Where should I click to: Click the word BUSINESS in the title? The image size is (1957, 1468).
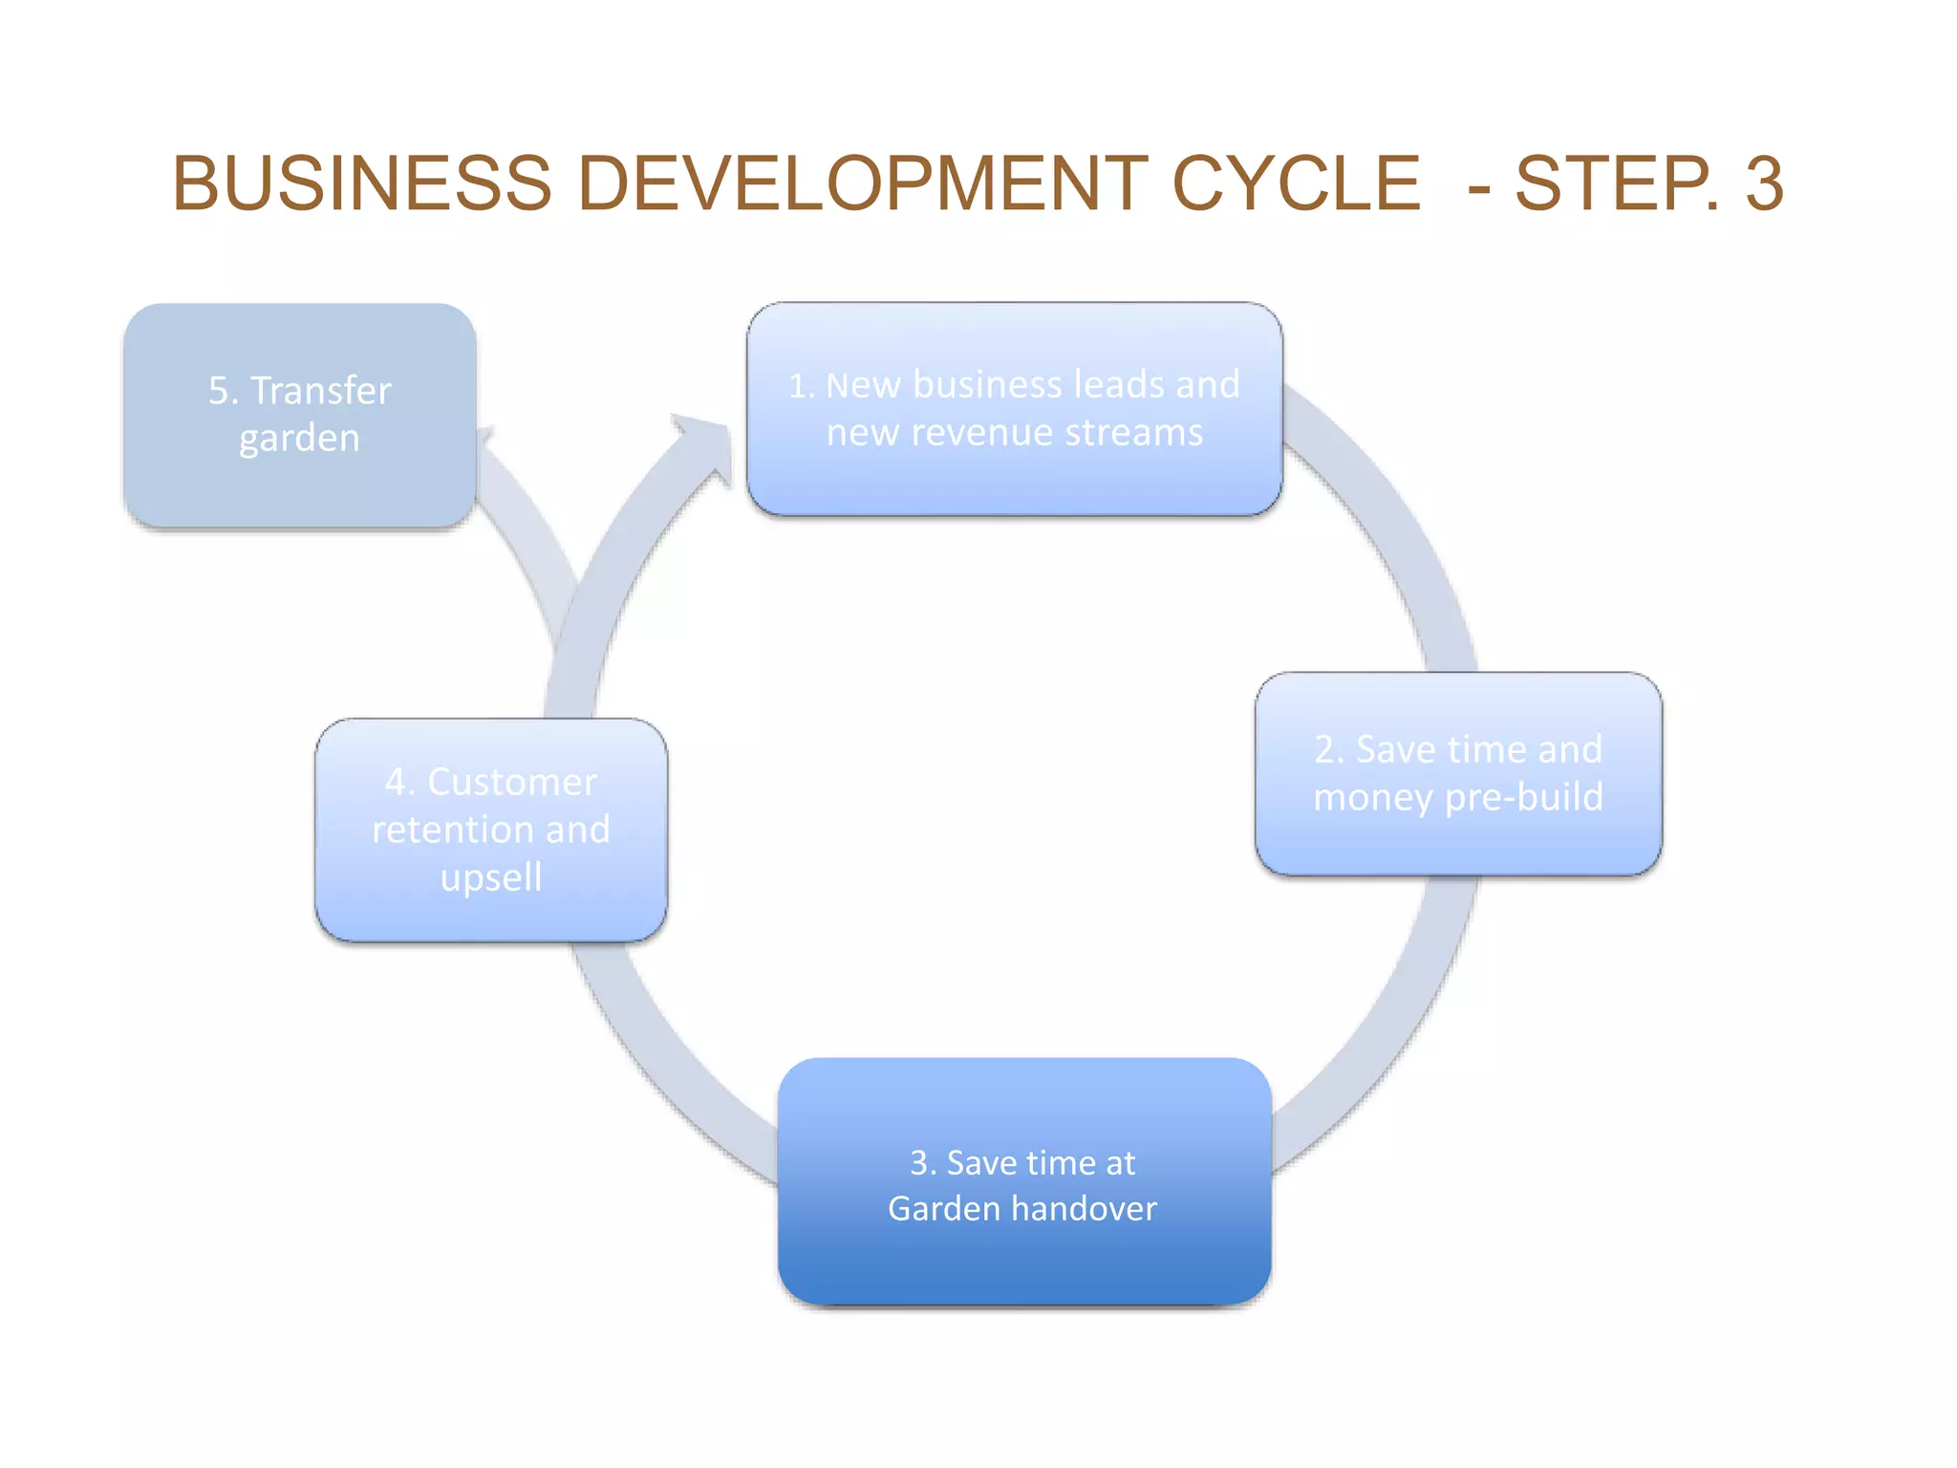pos(362,183)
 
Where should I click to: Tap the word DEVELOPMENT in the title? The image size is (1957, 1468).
pos(863,183)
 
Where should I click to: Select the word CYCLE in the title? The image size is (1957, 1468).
pos(1297,183)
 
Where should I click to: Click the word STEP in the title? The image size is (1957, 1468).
pos(1615,183)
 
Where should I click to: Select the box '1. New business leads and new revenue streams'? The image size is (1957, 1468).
pos(1014,409)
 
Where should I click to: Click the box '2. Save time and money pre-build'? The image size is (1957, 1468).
pos(1458,773)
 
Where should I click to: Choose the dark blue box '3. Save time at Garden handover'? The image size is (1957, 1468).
pos(1024,1181)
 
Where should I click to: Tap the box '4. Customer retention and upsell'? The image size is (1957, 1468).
pos(491,830)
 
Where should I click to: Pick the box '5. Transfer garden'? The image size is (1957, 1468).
pos(300,415)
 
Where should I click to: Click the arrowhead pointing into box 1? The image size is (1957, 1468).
pos(704,447)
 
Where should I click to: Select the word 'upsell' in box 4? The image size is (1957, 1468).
pos(491,877)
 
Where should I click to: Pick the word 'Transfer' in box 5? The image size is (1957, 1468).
pos(321,390)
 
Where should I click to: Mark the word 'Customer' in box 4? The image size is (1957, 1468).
pos(511,782)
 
